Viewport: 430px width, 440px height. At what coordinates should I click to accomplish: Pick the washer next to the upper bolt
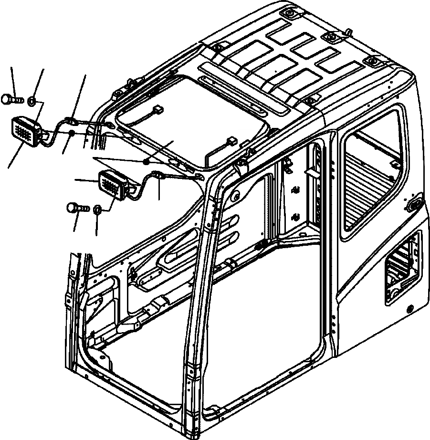point(31,100)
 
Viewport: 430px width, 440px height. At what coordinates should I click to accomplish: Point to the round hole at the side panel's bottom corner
point(409,308)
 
